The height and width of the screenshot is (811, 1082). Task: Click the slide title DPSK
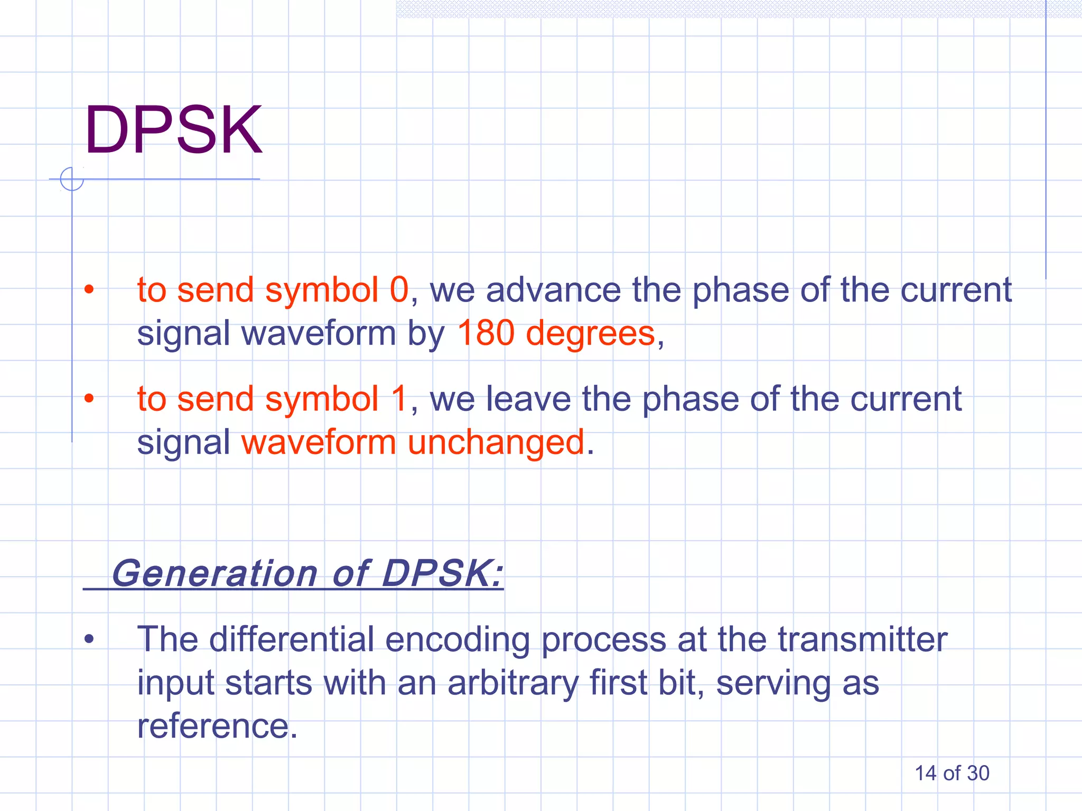click(x=173, y=130)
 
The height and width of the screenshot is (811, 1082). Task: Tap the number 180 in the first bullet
click(x=486, y=333)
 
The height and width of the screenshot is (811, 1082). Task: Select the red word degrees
click(x=590, y=334)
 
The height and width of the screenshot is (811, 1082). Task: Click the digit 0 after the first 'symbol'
click(x=399, y=290)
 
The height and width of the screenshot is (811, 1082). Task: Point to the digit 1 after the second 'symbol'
click(x=399, y=399)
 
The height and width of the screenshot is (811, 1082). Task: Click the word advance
click(x=553, y=290)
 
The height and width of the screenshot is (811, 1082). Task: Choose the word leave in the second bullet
click(x=528, y=399)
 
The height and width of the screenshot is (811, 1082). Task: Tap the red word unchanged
click(x=496, y=442)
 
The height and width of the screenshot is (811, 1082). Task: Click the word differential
click(x=292, y=639)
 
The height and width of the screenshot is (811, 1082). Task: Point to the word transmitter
click(x=862, y=639)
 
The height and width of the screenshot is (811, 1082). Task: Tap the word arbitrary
click(x=512, y=683)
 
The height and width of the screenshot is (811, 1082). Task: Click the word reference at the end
click(x=213, y=726)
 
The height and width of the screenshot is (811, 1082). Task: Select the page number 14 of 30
click(x=952, y=774)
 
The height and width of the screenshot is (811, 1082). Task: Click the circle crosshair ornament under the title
click(x=72, y=179)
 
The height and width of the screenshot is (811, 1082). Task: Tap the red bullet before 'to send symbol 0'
click(x=89, y=289)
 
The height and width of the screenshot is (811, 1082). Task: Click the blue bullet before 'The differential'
click(x=89, y=639)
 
